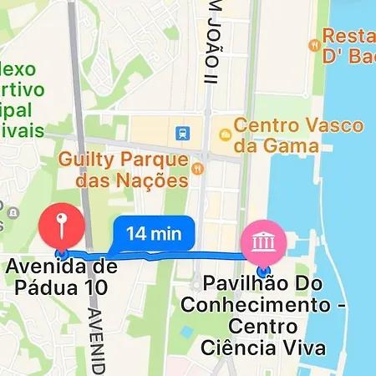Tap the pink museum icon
[263, 241]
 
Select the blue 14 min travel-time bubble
[153, 234]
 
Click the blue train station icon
[182, 133]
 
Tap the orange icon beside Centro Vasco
[224, 134]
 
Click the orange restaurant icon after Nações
[198, 170]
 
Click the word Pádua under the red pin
[49, 289]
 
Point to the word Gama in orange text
[300, 147]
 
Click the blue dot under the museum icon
[263, 271]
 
